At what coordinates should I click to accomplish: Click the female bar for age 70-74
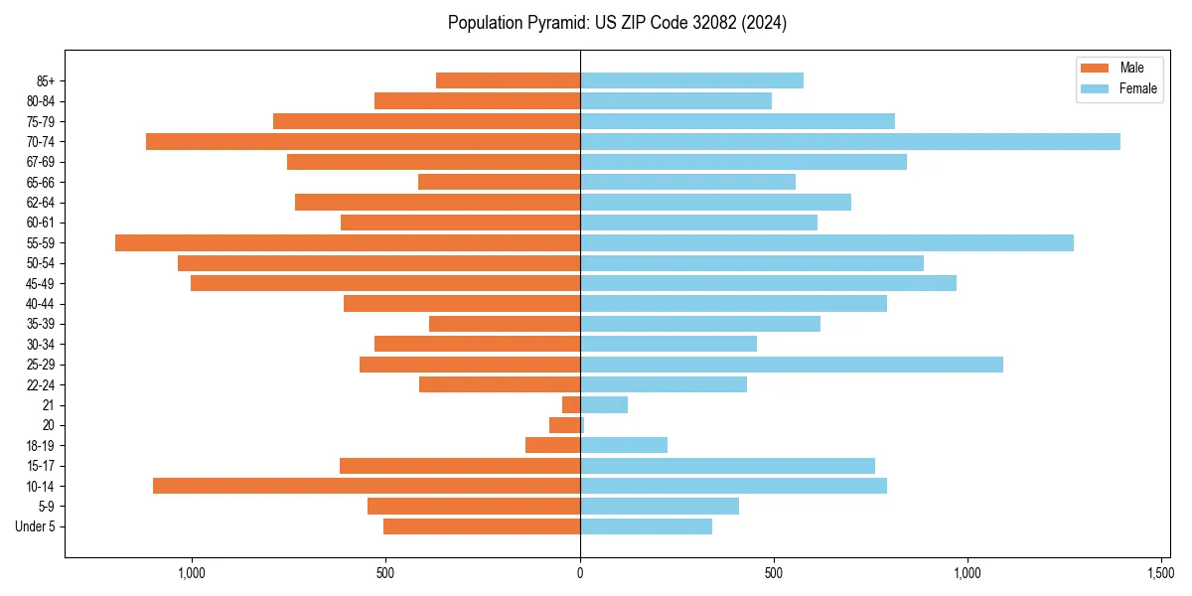849,142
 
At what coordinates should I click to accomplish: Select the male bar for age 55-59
348,243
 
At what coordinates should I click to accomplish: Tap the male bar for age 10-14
367,486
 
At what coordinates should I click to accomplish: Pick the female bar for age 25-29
791,365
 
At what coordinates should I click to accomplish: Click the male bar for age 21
571,405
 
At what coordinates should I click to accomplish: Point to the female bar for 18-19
624,445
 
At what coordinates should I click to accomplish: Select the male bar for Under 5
482,526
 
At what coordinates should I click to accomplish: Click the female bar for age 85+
691,80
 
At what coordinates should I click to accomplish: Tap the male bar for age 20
564,425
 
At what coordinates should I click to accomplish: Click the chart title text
617,23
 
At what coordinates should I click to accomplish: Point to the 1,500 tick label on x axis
1160,573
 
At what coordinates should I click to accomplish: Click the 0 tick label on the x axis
580,573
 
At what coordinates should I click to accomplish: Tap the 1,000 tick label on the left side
191,573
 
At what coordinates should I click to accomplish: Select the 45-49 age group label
40,283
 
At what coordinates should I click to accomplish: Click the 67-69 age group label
40,162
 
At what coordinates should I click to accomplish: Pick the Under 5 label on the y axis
35,526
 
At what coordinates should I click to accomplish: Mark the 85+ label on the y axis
45,80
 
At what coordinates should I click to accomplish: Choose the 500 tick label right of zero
774,573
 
